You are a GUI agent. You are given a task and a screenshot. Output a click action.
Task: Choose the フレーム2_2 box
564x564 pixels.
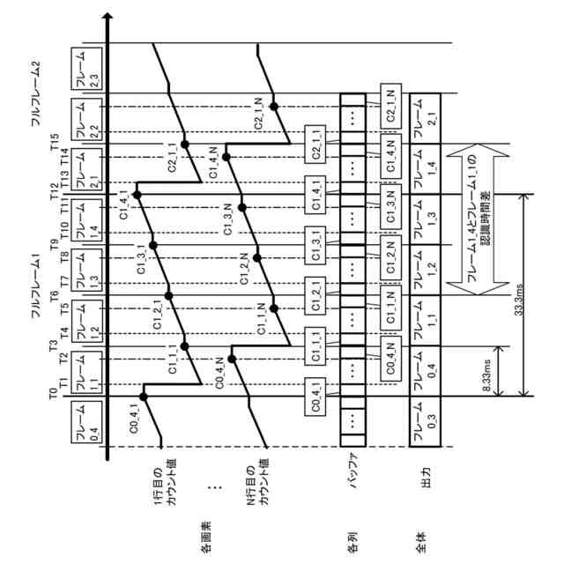tap(85, 118)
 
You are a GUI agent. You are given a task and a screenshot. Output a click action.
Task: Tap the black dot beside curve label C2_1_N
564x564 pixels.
tap(275, 107)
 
